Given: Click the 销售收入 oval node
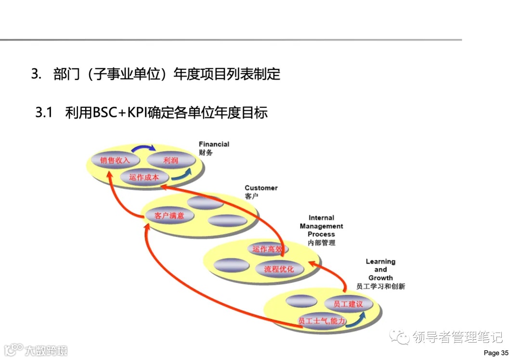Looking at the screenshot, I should [112, 160].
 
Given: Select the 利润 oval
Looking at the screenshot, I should [170, 160].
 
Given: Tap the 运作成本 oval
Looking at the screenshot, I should [144, 177].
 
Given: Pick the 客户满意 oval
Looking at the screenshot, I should [169, 216].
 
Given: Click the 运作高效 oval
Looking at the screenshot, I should [268, 249].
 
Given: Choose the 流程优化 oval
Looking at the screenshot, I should [279, 269].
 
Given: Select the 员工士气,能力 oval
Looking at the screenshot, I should [322, 321].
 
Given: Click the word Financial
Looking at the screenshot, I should [214, 144].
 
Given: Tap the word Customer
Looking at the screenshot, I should [261, 188].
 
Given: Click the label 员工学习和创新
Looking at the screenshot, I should [380, 286].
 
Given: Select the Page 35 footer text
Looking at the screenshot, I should [495, 353].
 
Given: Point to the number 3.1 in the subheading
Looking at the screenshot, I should [43, 113].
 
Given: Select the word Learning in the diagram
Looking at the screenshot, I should [380, 261].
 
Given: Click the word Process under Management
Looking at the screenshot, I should [321, 234].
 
